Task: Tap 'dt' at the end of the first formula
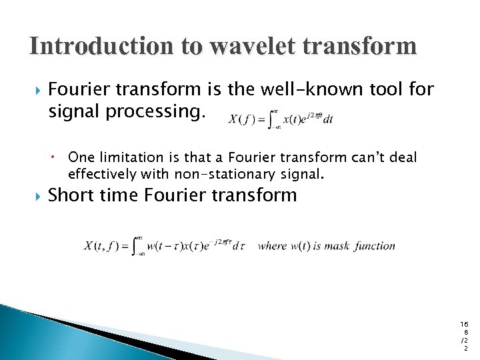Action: (x=327, y=120)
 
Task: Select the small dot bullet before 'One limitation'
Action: (x=57, y=158)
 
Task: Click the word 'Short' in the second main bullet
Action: (x=71, y=195)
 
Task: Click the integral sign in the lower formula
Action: (x=139, y=246)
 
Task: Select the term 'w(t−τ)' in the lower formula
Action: (x=163, y=246)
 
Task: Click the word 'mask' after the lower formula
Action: (x=337, y=246)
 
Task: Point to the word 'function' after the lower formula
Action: (x=375, y=246)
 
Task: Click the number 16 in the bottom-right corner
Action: (x=464, y=324)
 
